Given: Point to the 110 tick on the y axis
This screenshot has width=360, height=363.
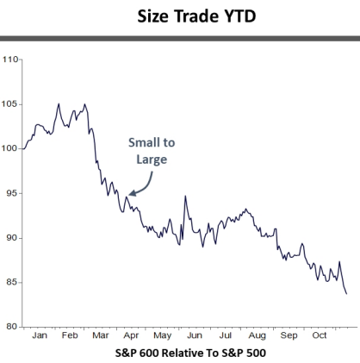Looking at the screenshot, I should (9, 59).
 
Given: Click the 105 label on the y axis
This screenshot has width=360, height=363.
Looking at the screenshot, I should (9, 104).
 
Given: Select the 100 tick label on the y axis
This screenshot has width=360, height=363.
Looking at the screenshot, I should (9, 148).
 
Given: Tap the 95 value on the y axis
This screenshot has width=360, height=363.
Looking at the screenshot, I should (11, 193).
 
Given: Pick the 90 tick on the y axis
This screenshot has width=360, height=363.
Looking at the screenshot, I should (11, 238).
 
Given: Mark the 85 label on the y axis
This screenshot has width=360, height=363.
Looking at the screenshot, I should (11, 282).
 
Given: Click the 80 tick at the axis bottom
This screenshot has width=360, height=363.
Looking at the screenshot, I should (11, 327).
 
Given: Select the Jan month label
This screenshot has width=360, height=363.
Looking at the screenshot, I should (39, 335).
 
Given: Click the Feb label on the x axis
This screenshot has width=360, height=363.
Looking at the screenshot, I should (70, 335).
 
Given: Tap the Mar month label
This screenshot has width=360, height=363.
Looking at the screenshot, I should (101, 335).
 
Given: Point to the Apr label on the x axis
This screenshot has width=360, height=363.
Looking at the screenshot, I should (132, 335).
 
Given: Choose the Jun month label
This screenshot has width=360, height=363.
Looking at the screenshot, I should (195, 335).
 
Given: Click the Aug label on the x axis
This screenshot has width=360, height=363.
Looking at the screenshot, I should (257, 335).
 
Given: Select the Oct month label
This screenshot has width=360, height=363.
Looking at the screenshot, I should (319, 335).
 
